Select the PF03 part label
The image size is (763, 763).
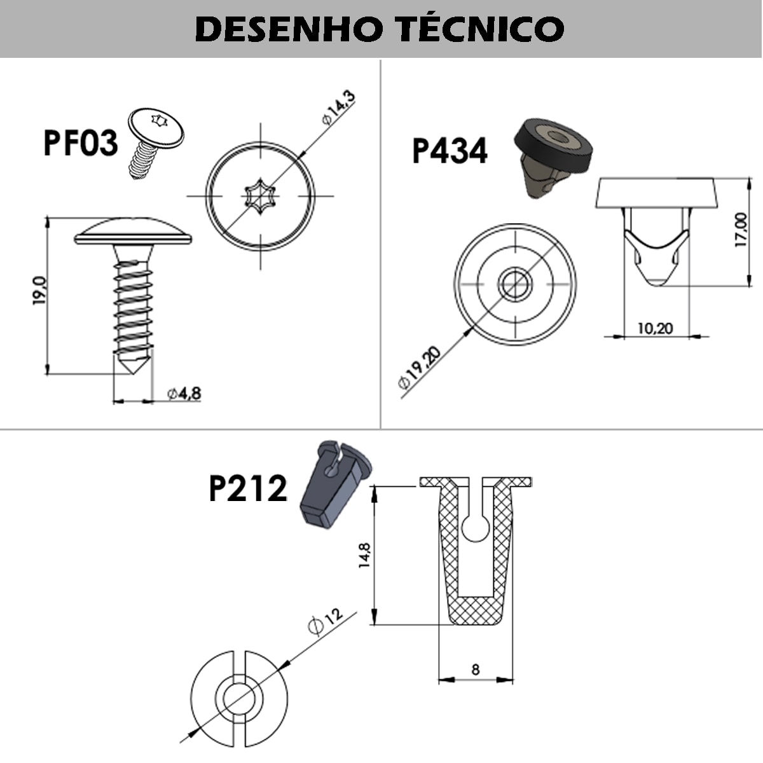(x=81, y=142)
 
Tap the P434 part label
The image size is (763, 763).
(x=450, y=151)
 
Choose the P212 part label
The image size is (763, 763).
(x=248, y=489)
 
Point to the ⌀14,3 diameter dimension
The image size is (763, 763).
(x=338, y=109)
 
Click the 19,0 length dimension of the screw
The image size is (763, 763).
(x=39, y=291)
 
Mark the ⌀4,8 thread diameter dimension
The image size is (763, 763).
(x=184, y=394)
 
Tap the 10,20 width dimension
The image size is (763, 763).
(x=654, y=328)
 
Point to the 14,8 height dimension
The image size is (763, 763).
(x=364, y=554)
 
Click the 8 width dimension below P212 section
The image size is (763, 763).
(x=476, y=669)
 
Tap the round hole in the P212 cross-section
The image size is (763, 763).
(x=475, y=527)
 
